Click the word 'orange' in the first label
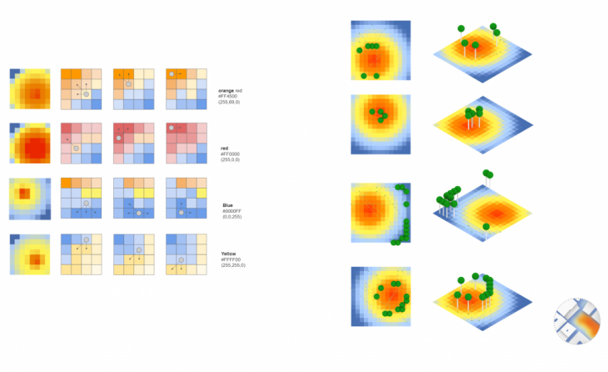coord(225,90)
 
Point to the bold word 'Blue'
coord(228,205)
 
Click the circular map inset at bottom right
coord(577,320)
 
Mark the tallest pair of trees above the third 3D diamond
coord(487,175)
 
